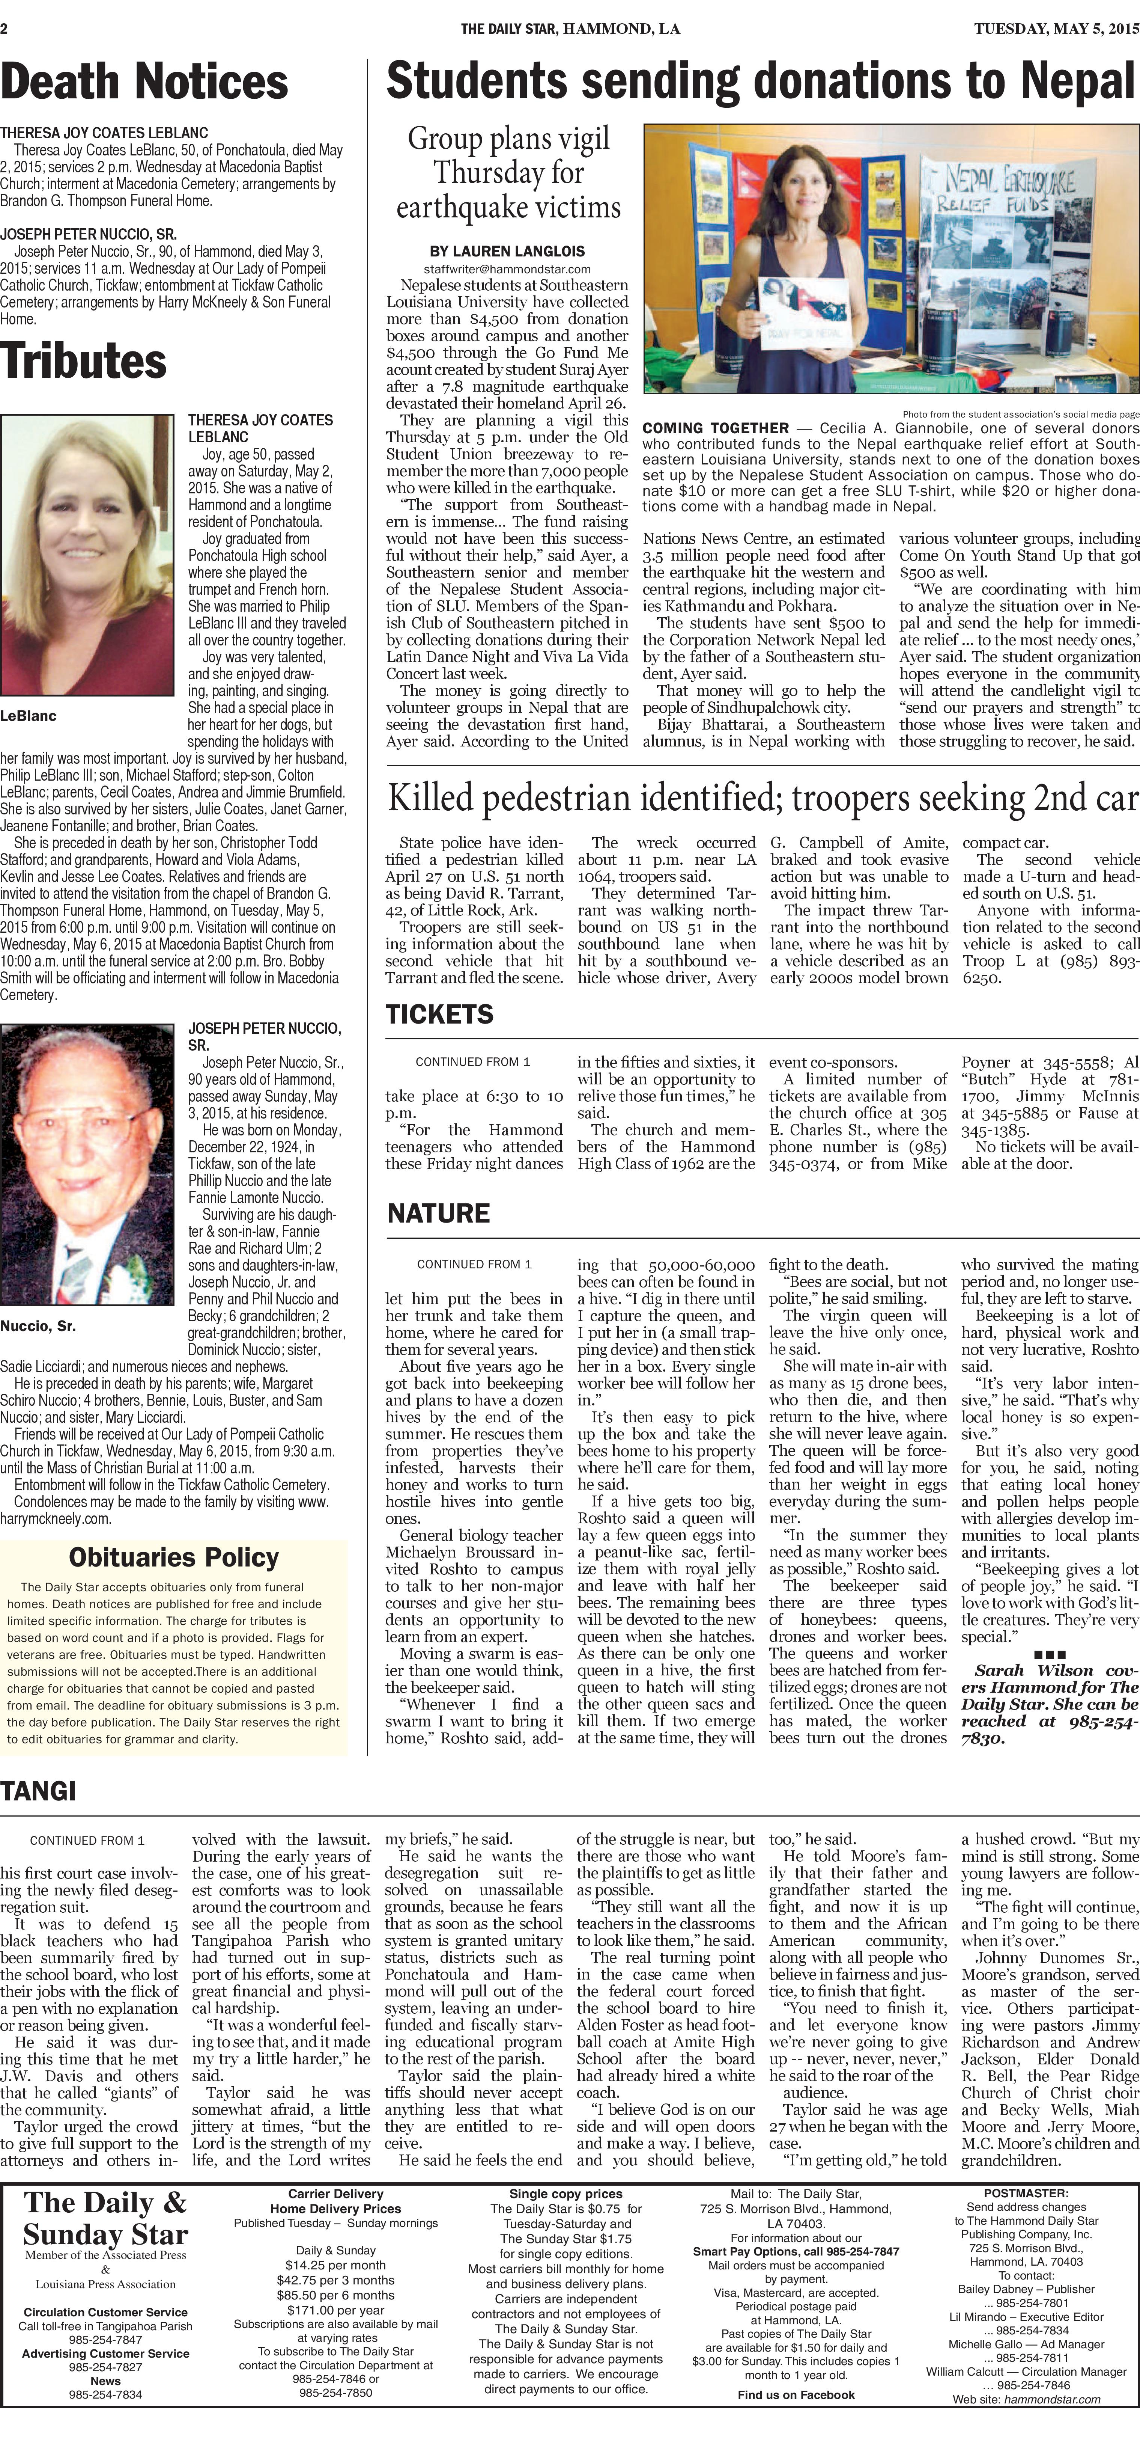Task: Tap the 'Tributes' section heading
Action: coord(84,362)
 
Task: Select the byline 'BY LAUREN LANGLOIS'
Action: coord(507,251)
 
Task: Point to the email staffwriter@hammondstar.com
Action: coord(507,269)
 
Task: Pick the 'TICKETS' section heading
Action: coord(439,1015)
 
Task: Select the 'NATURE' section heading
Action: coord(438,1214)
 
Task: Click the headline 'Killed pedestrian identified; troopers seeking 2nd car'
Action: coord(763,799)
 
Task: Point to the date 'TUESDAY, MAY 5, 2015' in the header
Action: coord(1055,29)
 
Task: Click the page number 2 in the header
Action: coord(5,29)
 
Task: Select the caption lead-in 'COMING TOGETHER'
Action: coord(715,428)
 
